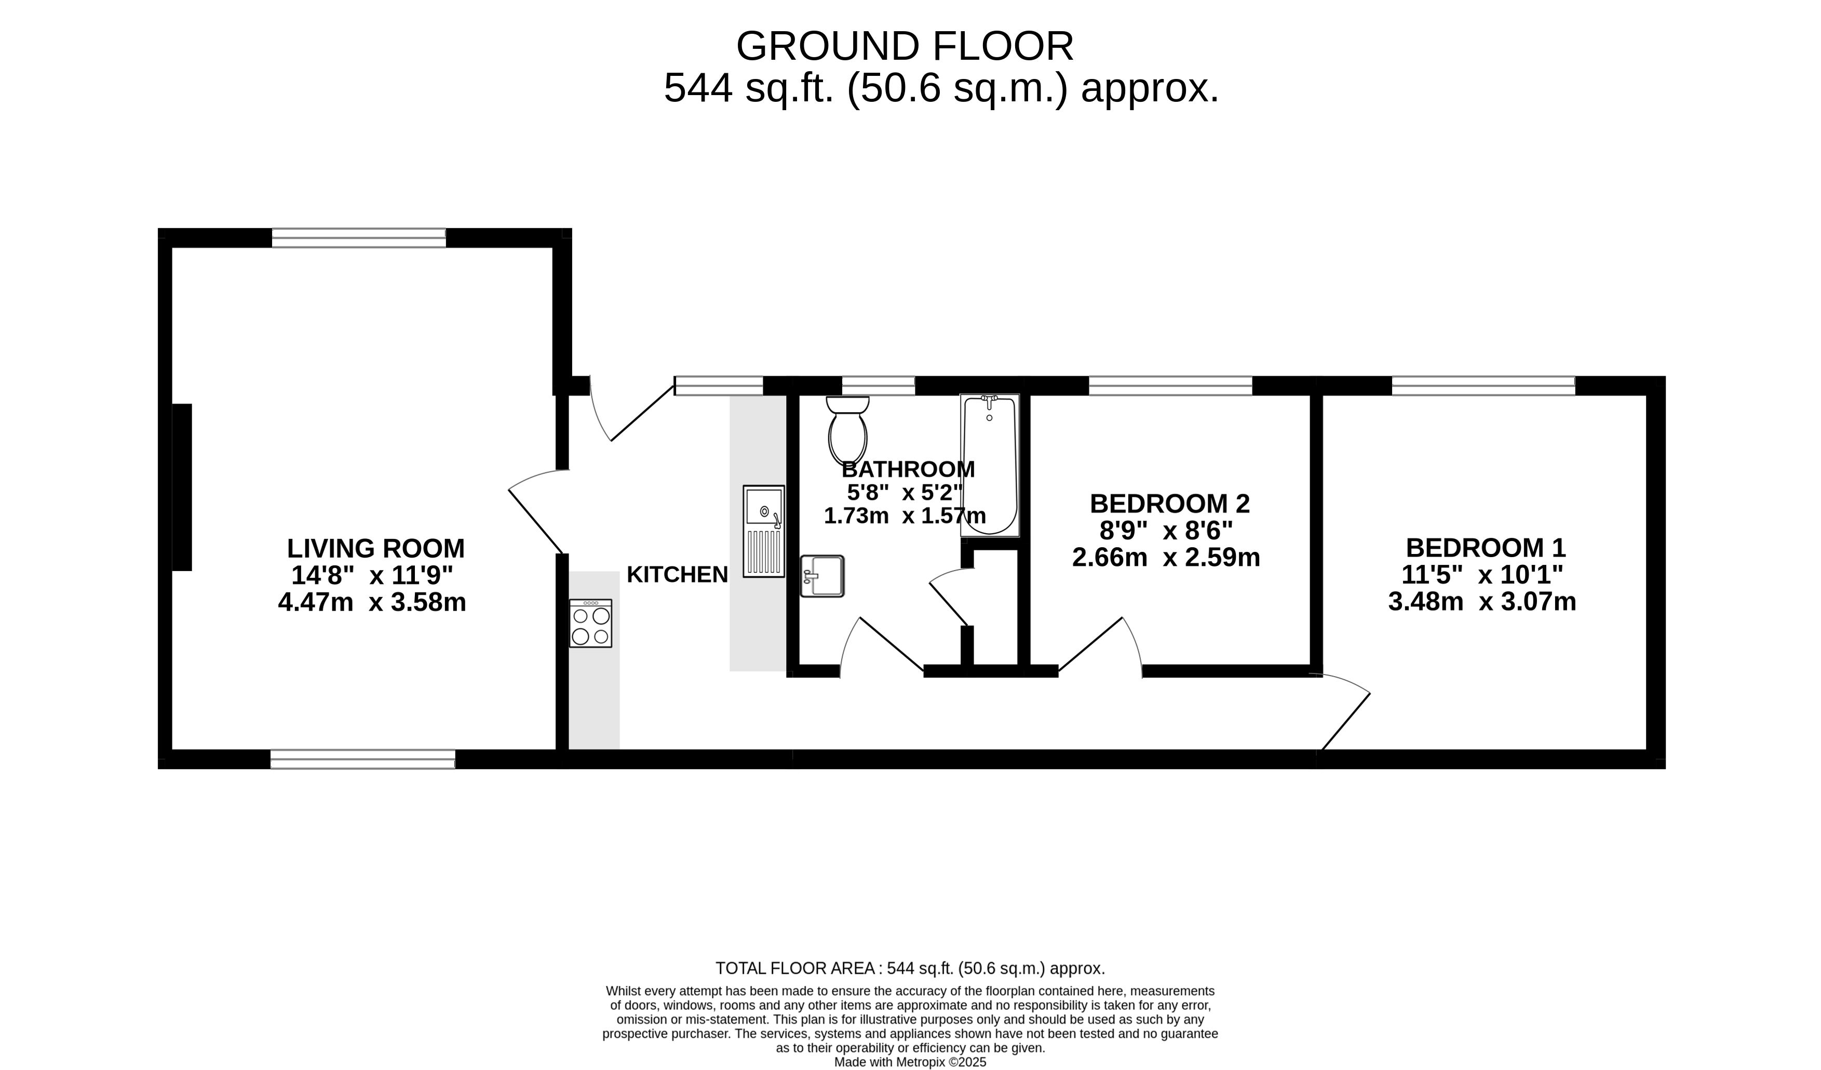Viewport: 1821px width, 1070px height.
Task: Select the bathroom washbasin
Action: pyautogui.click(x=822, y=576)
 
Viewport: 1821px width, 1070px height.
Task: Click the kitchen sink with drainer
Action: pyautogui.click(x=764, y=532)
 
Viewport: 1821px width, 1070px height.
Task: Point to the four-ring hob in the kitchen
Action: pyautogui.click(x=590, y=623)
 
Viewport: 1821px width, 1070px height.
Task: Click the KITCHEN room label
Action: pyautogui.click(x=677, y=575)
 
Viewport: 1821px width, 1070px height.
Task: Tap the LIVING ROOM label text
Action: pyautogui.click(x=376, y=549)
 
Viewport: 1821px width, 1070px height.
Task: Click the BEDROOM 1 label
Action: pyautogui.click(x=1486, y=547)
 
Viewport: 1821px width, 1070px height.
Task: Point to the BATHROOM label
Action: pyautogui.click(x=908, y=469)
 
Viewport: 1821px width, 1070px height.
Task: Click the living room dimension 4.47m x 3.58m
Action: pyautogui.click(x=372, y=602)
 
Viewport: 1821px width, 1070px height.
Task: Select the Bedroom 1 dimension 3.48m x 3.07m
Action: pyautogui.click(x=1482, y=601)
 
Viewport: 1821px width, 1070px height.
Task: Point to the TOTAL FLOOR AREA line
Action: pyautogui.click(x=911, y=968)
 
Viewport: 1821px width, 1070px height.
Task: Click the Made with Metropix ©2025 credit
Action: pyautogui.click(x=911, y=1062)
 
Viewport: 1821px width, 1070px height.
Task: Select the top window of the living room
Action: pyautogui.click(x=359, y=238)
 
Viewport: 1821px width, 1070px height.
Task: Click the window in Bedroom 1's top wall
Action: pyautogui.click(x=1483, y=386)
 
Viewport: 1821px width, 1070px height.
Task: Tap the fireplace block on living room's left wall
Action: pyautogui.click(x=182, y=487)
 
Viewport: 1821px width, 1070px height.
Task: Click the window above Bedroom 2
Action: pyautogui.click(x=1170, y=386)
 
